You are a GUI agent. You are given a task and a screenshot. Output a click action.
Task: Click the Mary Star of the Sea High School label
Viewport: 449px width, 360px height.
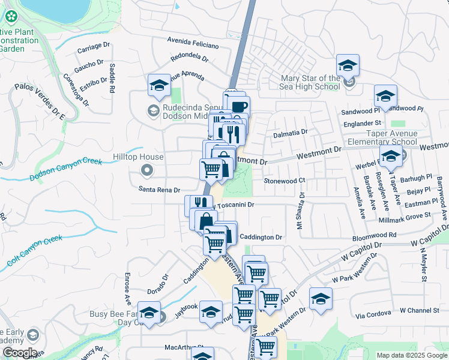point(311,82)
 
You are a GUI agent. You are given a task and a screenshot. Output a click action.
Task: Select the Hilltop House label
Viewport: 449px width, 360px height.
point(139,157)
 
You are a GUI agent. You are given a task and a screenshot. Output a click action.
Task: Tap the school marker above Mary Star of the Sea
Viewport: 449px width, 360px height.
point(348,67)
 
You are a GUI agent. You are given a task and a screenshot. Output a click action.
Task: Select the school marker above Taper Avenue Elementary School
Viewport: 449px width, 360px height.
point(385,97)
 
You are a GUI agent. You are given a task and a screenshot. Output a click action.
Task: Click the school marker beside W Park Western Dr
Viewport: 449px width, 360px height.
point(321,300)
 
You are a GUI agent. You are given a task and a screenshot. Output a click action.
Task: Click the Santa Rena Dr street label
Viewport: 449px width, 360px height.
point(159,190)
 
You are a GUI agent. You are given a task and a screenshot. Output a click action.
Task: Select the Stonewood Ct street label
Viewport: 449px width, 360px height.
point(285,180)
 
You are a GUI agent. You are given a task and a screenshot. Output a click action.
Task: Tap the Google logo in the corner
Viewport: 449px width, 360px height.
point(19,353)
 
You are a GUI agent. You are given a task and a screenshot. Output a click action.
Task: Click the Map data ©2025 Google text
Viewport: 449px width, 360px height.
point(411,355)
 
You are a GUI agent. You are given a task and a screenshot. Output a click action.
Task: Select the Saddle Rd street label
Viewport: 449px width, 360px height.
point(112,79)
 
